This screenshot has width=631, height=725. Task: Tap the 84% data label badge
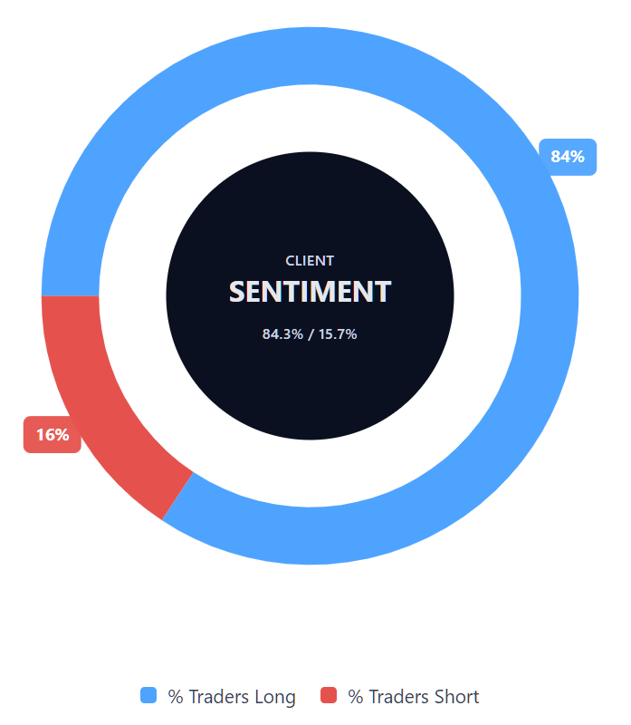(568, 157)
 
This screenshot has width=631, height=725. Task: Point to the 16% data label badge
(53, 435)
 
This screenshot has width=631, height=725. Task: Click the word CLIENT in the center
(310, 261)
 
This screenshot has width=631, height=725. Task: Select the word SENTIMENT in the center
(310, 292)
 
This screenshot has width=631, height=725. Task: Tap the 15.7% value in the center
(338, 334)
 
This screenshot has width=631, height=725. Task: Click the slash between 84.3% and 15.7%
(310, 334)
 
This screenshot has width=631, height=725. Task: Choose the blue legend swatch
(148, 696)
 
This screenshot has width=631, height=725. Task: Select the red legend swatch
(329, 696)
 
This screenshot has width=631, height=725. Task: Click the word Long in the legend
(275, 697)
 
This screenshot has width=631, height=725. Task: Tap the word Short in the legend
(456, 697)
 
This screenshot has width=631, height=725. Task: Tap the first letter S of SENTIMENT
(238, 292)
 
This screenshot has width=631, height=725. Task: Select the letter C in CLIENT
(291, 261)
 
